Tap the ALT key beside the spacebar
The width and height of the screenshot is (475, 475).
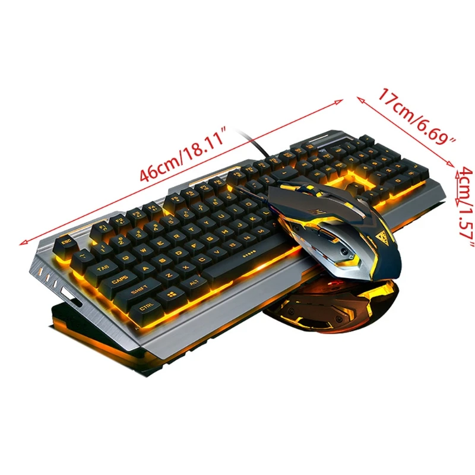click(193, 284)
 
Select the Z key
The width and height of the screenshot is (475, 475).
click(167, 274)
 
